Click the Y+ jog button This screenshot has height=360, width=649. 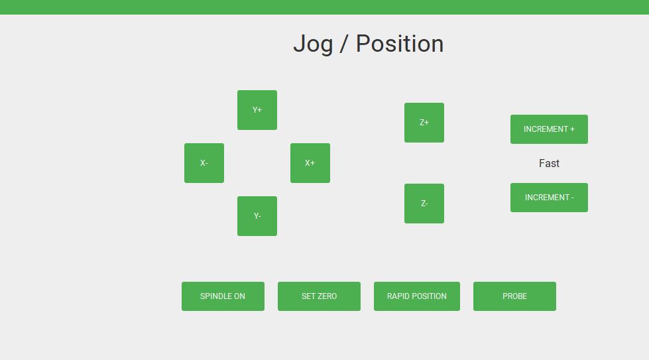(x=257, y=110)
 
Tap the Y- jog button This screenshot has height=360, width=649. (x=257, y=216)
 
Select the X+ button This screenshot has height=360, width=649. (x=310, y=163)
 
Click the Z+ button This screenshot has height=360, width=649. (x=424, y=123)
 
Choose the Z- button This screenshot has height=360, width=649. (x=424, y=204)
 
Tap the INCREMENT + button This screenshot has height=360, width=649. (x=549, y=129)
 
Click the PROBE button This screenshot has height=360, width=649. (x=514, y=296)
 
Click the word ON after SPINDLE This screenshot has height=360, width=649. (x=240, y=296)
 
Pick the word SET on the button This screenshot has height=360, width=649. (x=308, y=296)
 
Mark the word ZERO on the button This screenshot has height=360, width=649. (x=327, y=296)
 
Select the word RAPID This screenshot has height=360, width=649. (x=397, y=296)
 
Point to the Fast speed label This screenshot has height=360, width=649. (x=549, y=164)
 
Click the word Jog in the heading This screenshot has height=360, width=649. (x=314, y=44)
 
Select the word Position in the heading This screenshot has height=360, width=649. (x=400, y=44)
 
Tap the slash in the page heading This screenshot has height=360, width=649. (x=344, y=44)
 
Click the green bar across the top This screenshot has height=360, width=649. (x=325, y=7)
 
